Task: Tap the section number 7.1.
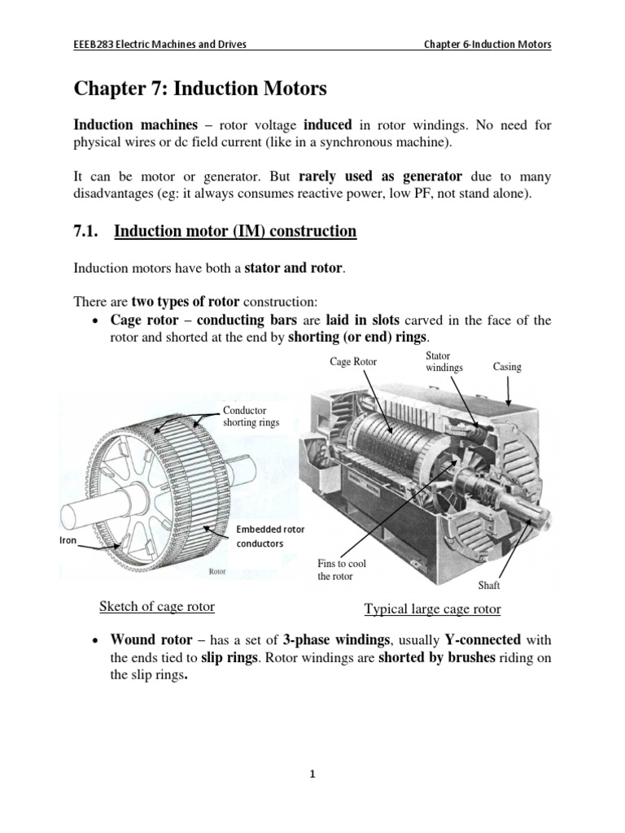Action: point(85,232)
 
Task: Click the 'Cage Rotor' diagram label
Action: point(353,361)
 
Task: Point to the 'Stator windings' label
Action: point(444,362)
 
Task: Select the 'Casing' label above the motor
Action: point(507,368)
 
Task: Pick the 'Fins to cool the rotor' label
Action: point(336,569)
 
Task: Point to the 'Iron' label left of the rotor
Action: point(67,540)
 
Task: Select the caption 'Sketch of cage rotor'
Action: point(156,607)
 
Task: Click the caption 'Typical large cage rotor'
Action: point(432,609)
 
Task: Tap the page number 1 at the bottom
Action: point(312,775)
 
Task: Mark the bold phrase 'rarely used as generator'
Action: point(380,177)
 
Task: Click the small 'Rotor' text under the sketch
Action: point(217,572)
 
